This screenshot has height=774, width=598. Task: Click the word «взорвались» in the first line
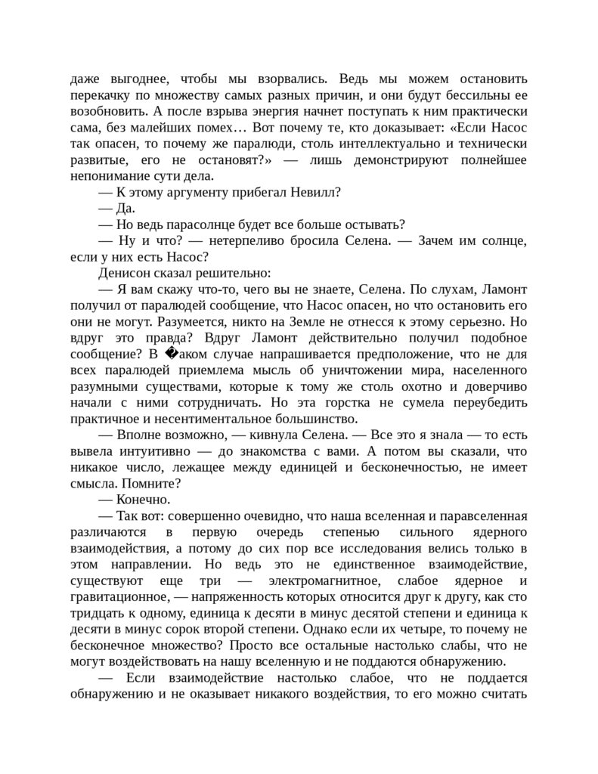293,79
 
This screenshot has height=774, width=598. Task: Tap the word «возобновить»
106,112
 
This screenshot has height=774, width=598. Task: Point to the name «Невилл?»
316,192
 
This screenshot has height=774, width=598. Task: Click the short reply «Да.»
125,208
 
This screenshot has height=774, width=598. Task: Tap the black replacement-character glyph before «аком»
169,354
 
